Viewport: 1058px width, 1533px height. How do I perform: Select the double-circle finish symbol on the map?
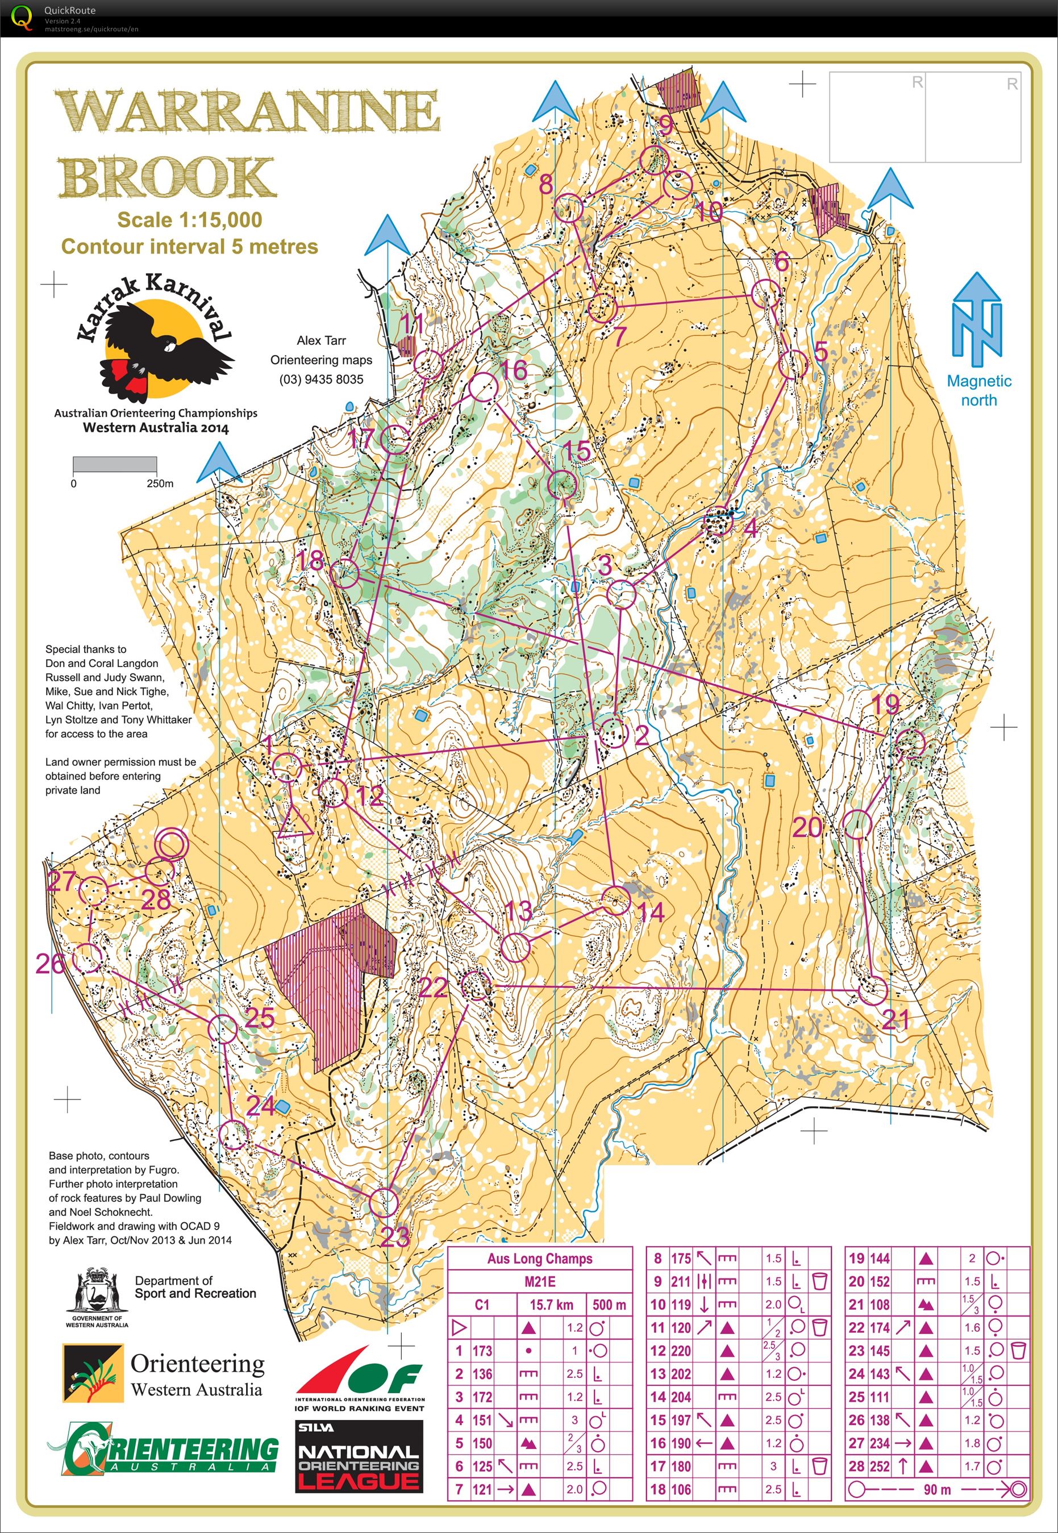click(171, 845)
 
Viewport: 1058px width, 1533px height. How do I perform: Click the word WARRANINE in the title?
click(249, 111)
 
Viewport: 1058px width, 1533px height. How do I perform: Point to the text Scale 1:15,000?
click(190, 220)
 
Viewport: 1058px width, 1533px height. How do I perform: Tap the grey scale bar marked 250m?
click(114, 464)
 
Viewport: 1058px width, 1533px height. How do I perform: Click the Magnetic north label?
click(978, 390)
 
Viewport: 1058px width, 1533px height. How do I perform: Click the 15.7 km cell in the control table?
click(551, 1305)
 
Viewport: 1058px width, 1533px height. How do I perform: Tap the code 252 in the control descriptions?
click(880, 1466)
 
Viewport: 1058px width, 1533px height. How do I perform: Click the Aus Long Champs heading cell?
click(540, 1258)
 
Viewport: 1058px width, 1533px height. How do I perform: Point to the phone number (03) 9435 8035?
click(321, 379)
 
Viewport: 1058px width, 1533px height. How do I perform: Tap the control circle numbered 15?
click(562, 484)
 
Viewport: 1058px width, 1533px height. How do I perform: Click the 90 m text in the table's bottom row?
click(936, 1489)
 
